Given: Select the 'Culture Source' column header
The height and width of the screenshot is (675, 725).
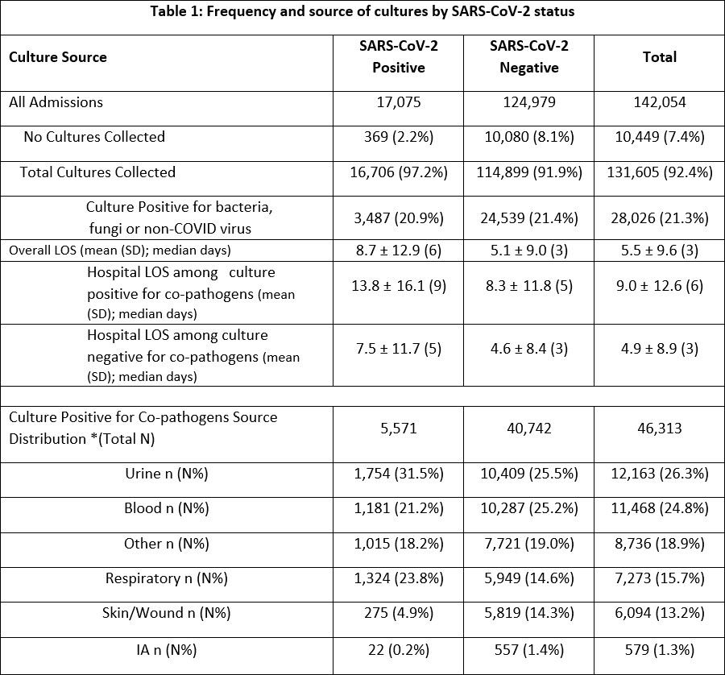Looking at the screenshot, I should pyautogui.click(x=57, y=57).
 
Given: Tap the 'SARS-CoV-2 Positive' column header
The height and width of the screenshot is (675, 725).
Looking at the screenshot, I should pyautogui.click(x=398, y=57).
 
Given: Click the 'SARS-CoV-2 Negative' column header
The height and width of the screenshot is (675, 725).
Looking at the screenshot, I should pyautogui.click(x=528, y=57).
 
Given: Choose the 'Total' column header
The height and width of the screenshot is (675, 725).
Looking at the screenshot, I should pyautogui.click(x=659, y=57).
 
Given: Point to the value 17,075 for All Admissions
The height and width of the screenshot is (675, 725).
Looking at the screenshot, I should pyautogui.click(x=398, y=102).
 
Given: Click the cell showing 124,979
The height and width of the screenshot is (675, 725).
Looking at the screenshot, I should pyautogui.click(x=528, y=102).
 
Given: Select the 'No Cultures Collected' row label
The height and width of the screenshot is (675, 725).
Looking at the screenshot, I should pyautogui.click(x=94, y=137).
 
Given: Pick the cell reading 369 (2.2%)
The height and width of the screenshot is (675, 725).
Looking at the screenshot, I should pyautogui.click(x=398, y=137).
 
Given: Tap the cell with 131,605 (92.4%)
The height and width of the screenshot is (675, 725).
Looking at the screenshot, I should pyautogui.click(x=659, y=172).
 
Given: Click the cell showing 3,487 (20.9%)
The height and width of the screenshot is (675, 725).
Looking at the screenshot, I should pyautogui.click(x=398, y=218).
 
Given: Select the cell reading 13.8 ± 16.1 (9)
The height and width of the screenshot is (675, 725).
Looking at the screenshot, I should pyautogui.click(x=398, y=286).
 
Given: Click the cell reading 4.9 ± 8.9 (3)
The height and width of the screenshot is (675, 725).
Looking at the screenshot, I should pyautogui.click(x=659, y=349).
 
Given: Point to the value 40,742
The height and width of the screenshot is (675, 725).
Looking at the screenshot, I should pyautogui.click(x=528, y=429).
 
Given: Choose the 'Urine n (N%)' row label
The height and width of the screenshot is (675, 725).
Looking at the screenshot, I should pyautogui.click(x=166, y=474).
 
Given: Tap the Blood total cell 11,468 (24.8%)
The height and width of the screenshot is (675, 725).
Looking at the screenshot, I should pyautogui.click(x=659, y=509).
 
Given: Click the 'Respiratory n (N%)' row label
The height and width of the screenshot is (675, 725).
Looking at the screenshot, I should pyautogui.click(x=167, y=579).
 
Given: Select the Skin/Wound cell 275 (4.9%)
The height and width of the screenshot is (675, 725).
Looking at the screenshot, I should pyautogui.click(x=398, y=614).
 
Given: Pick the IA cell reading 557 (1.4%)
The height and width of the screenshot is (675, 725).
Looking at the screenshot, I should pyautogui.click(x=528, y=649).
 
